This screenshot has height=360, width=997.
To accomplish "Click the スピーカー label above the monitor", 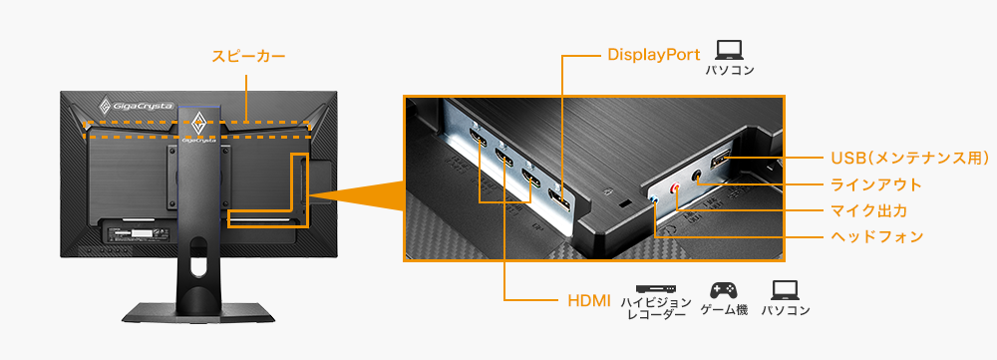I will (248, 56).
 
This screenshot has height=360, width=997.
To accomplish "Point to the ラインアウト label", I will (875, 184).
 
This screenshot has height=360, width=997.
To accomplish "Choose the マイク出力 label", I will (868, 210).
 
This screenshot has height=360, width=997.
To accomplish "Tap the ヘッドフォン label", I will (875, 237).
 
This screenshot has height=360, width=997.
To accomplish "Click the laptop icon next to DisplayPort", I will (730, 49).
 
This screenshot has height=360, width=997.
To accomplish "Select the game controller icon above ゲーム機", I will (722, 290).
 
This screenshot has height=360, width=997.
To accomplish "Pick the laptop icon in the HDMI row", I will (785, 290).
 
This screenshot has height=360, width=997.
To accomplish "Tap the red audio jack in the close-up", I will (677, 188).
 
